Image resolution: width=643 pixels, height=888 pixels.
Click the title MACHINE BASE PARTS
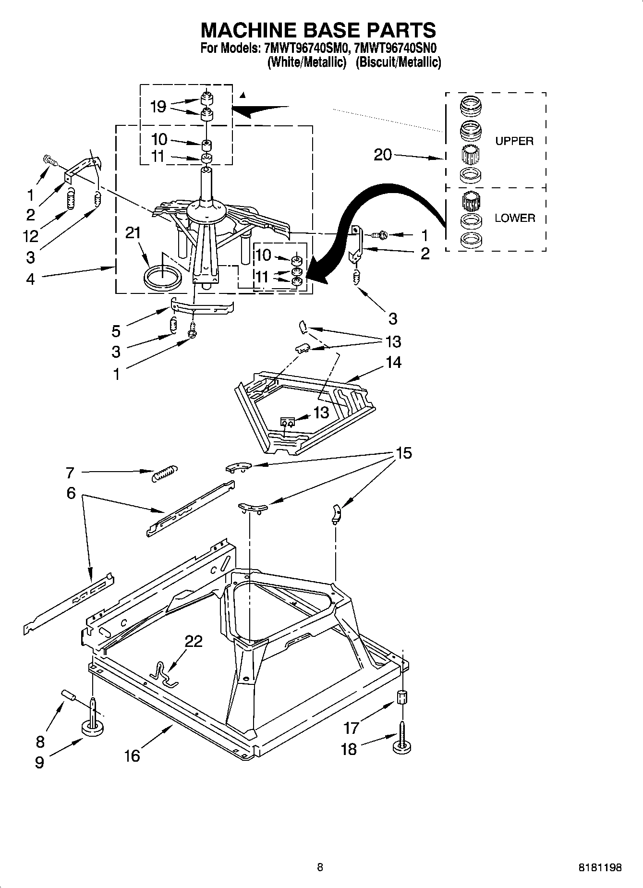318,30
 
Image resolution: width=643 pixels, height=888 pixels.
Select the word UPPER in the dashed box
514,141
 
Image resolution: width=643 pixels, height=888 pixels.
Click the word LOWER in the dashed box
515,218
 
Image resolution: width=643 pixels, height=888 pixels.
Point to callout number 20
383,155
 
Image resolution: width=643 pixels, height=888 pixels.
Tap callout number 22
194,641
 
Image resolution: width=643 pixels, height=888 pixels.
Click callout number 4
30,279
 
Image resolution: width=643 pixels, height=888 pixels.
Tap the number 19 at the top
158,106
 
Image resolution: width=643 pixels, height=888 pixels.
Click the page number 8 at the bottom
320,867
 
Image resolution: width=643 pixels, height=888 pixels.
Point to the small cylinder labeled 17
401,696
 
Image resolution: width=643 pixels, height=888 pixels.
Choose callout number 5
116,330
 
